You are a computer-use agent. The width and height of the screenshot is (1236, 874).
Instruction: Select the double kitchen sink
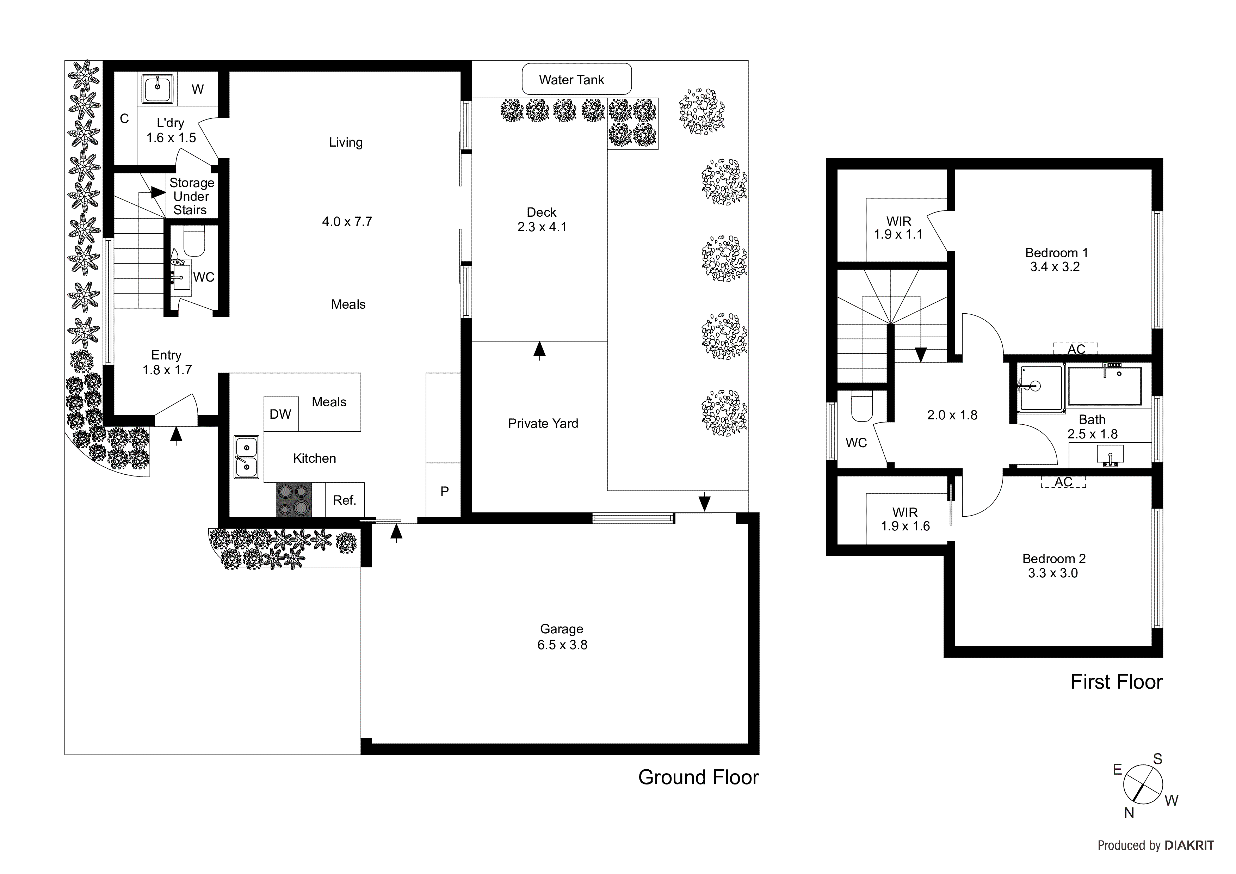click(246, 457)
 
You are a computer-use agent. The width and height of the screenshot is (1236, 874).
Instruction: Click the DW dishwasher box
click(280, 414)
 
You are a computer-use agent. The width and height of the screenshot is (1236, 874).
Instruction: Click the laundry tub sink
click(157, 89)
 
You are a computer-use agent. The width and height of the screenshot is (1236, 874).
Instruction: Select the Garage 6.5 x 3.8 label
click(562, 636)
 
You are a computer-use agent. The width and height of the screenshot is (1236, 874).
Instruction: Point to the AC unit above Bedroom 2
click(1063, 482)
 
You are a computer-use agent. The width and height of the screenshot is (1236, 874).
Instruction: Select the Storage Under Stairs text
click(191, 197)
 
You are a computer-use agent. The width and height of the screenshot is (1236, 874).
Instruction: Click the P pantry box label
click(444, 491)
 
